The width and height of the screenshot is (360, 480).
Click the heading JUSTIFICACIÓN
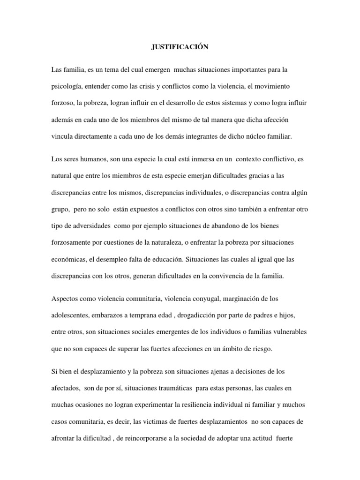pos(180,47)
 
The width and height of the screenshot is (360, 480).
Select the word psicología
pos(67,86)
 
